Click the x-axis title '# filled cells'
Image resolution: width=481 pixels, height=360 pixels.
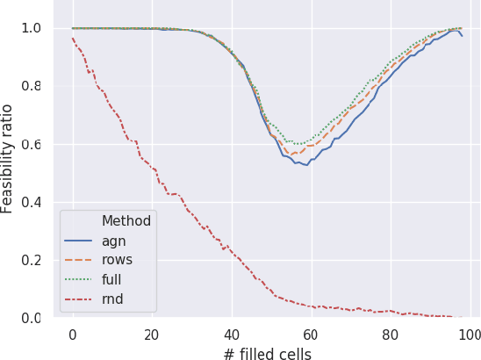268,352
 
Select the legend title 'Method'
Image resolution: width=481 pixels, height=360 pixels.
126,220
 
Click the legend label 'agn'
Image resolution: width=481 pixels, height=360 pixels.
113,240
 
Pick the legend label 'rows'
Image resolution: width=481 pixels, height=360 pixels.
117,260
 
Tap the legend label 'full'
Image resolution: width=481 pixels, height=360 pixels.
112,280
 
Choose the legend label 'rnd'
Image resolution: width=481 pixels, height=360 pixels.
113,300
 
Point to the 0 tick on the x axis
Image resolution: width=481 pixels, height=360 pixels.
72,334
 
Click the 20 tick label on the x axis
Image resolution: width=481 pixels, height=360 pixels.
152,334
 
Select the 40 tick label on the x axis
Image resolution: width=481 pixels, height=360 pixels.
231,334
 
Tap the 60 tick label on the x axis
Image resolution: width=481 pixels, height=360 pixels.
311,334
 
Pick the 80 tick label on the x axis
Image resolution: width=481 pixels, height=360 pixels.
390,334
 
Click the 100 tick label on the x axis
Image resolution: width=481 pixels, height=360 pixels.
470,334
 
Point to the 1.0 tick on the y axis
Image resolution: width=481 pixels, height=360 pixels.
32,28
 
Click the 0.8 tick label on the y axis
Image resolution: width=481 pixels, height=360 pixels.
32,86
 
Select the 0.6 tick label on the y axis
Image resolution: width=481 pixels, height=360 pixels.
32,144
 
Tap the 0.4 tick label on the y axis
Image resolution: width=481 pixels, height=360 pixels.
32,202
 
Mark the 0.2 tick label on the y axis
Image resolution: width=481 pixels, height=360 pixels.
32,260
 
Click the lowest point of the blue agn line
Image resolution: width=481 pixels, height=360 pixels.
306,165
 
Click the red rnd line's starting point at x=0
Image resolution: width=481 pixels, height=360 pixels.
72,38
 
